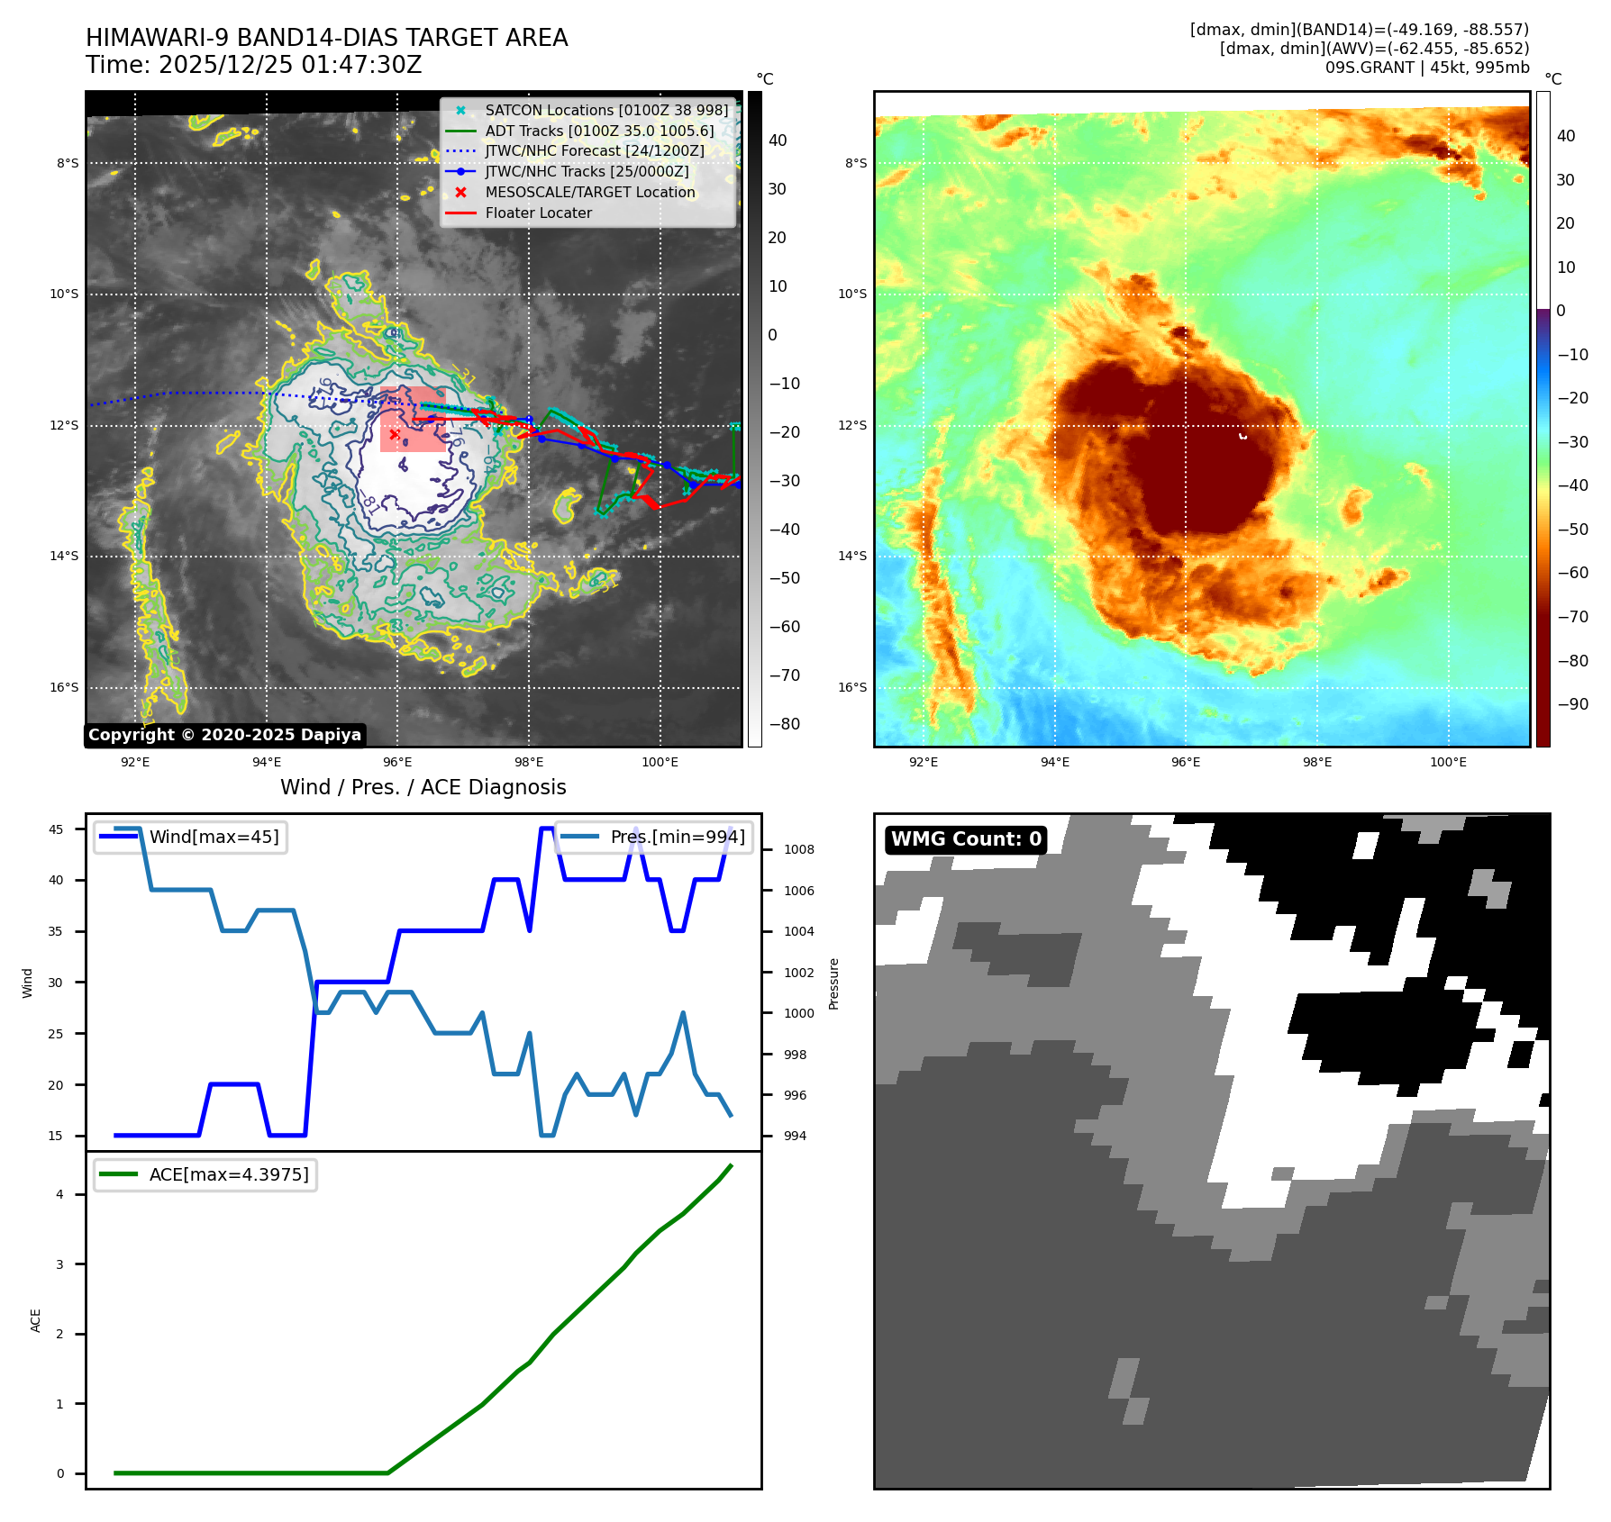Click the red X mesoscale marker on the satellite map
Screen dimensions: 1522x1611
coord(394,434)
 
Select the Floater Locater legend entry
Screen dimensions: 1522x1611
coord(538,213)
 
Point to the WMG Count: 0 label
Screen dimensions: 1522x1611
coord(966,839)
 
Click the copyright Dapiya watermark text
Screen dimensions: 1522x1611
coord(224,735)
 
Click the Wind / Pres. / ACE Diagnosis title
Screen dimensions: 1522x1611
coord(423,787)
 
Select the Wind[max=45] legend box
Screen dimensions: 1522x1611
coord(190,837)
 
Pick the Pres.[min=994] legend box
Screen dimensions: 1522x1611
coord(654,837)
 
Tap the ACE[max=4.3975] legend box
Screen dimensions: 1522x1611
coord(205,1174)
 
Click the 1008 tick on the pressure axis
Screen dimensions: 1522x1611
coord(798,849)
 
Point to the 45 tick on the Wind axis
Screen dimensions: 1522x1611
coord(56,829)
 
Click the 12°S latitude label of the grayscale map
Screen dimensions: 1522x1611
coord(64,425)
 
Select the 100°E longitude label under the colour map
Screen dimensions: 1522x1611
coord(1448,762)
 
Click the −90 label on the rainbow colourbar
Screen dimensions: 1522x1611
coord(1572,704)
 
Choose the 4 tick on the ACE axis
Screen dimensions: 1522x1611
coord(60,1194)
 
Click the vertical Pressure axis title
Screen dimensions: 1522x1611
coord(834,983)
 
